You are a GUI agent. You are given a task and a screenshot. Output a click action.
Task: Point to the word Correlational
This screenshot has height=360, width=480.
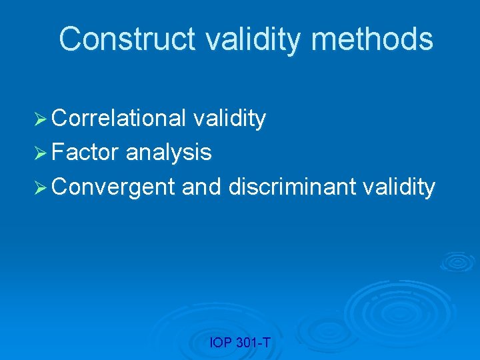coord(119,118)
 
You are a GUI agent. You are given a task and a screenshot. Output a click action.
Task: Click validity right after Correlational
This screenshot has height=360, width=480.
coord(229,118)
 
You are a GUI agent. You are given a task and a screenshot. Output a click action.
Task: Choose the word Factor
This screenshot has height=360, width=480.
coord(85,153)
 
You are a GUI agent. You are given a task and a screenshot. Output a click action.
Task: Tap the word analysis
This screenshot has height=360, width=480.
coord(169,153)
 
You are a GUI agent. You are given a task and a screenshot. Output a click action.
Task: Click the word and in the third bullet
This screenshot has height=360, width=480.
coord(201,187)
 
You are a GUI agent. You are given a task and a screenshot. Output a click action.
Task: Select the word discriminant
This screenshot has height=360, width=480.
coord(293,187)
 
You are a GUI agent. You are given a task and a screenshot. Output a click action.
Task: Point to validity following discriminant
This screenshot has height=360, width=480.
coord(399,187)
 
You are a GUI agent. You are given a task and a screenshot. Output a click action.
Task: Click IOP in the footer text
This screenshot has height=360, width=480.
coord(220,343)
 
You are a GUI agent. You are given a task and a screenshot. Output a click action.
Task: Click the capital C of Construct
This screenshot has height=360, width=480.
coord(69,39)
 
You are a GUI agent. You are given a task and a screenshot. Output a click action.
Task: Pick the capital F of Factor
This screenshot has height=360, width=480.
coord(57,153)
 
